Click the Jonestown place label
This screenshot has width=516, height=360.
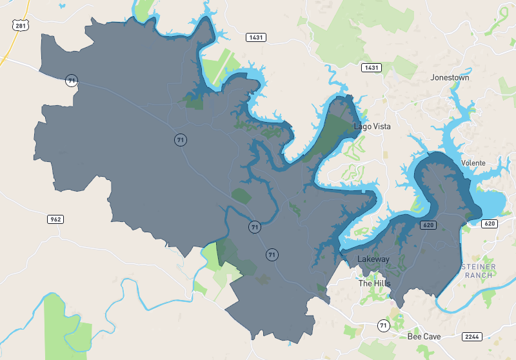click(450, 77)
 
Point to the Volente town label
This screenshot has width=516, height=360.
click(473, 163)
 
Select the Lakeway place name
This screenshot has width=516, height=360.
click(373, 259)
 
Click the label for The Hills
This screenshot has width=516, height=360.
click(374, 283)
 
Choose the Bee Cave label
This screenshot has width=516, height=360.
click(424, 337)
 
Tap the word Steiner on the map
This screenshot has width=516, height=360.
click(478, 266)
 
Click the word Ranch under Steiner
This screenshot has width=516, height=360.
click(478, 275)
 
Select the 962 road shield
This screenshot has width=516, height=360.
click(55, 219)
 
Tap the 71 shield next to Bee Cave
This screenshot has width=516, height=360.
click(384, 325)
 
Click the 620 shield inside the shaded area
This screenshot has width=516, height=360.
click(427, 225)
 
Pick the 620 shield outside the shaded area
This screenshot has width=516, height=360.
click(490, 223)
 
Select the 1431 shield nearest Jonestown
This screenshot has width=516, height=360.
click(372, 68)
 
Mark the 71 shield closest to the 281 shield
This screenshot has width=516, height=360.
click(71, 81)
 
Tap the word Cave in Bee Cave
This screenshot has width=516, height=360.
click(432, 337)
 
